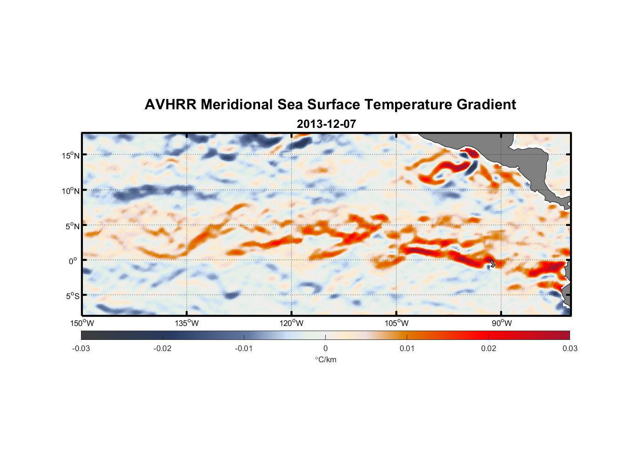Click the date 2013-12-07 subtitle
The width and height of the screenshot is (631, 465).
point(326,124)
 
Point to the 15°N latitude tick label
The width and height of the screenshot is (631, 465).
point(71,155)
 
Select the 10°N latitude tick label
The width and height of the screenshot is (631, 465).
point(71,191)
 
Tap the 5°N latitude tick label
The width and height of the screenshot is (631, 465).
point(72,226)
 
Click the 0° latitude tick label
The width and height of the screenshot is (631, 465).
point(73,261)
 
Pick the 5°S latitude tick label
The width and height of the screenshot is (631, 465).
point(72,296)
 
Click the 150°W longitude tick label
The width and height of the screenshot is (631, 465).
point(82,323)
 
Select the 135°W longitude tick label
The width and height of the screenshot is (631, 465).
point(187,323)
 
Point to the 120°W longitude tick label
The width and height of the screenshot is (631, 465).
point(292,323)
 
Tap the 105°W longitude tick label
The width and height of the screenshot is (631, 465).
point(396,323)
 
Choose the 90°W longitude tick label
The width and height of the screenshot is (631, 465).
point(502,323)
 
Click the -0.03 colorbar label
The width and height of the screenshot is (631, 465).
point(81,348)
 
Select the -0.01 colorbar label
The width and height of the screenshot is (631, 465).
point(244,348)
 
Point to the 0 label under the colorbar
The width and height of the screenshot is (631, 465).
point(325,348)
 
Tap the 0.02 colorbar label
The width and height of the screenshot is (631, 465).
point(489,348)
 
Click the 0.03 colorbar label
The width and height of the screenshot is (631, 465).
point(570,348)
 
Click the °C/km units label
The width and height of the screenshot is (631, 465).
point(325,359)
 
